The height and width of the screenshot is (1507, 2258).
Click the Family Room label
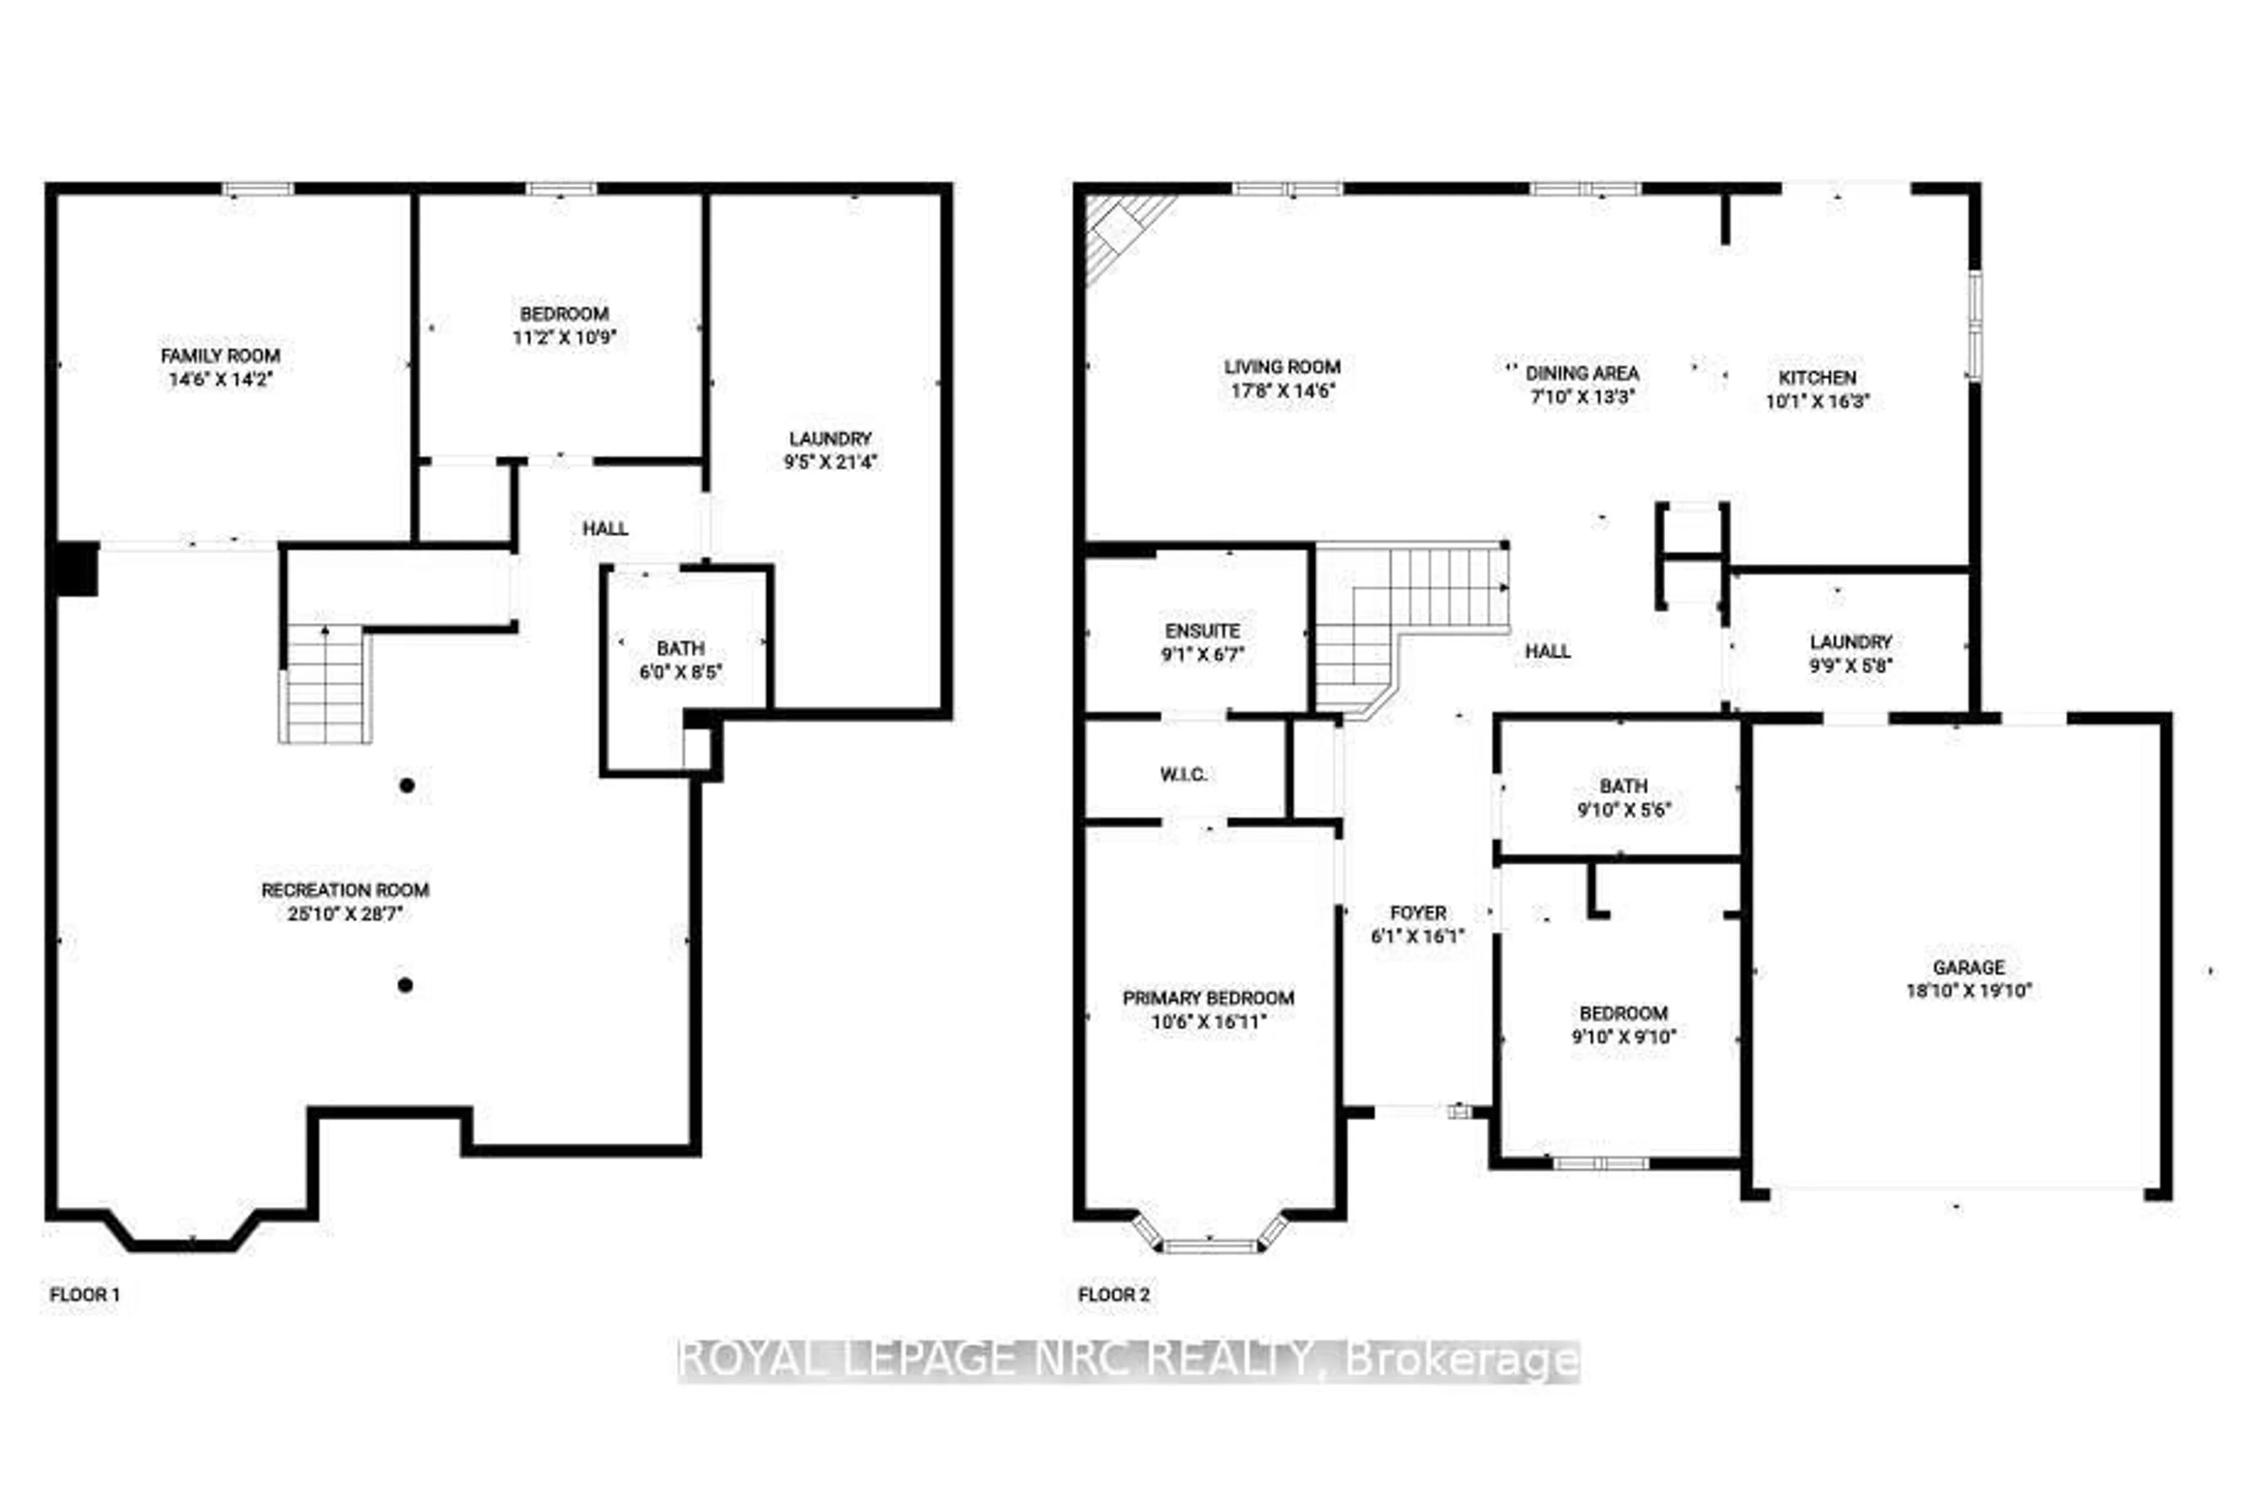tap(220, 356)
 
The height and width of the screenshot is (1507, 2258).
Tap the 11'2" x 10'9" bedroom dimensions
tap(564, 338)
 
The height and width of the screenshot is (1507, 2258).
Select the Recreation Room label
tap(345, 890)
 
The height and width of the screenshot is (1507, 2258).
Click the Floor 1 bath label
tap(680, 648)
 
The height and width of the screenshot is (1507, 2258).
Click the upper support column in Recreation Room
tap(406, 785)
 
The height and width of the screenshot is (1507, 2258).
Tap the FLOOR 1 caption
tap(85, 1295)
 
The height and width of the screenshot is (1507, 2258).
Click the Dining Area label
tap(1582, 373)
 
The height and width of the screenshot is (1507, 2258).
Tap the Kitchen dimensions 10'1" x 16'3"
tap(1817, 401)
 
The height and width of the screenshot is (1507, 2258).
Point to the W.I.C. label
tap(1183, 774)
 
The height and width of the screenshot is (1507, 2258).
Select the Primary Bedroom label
tap(1208, 998)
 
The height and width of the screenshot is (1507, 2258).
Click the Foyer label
tap(1418, 913)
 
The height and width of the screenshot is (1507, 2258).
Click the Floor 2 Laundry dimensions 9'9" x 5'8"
tap(1851, 665)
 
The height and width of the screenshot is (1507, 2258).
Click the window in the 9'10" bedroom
tap(1601, 1163)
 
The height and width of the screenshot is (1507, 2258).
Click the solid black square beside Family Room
tap(76, 569)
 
